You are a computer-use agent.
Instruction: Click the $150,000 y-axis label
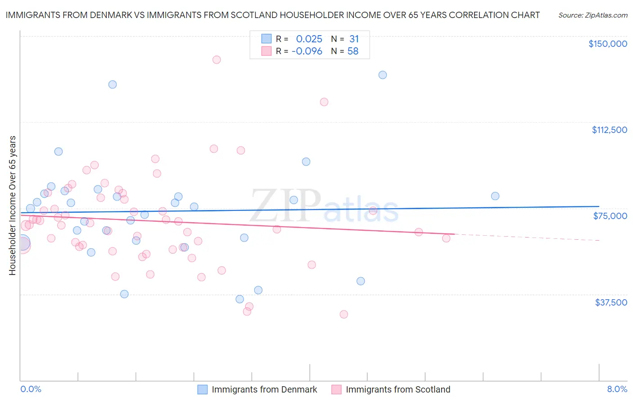click(x=607, y=44)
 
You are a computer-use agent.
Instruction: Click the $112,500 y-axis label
click(x=609, y=130)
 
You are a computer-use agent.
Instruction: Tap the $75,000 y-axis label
click(x=610, y=216)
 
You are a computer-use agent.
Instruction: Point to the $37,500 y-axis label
click(x=611, y=302)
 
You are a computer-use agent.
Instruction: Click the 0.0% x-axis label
click(x=31, y=389)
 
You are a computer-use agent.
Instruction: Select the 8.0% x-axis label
click(x=617, y=389)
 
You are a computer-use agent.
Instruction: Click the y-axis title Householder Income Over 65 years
click(x=12, y=206)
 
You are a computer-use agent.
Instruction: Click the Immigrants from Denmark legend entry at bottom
click(x=264, y=390)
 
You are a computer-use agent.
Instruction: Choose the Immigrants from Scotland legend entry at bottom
click(x=398, y=390)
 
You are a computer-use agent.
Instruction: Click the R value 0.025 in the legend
click(x=309, y=39)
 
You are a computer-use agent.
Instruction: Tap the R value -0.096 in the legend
click(x=307, y=51)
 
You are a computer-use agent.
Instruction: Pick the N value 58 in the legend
click(x=353, y=51)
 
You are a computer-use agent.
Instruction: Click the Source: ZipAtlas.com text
click(x=592, y=15)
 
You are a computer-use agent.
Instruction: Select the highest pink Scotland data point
click(x=217, y=59)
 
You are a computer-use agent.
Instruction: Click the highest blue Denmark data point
click(x=383, y=75)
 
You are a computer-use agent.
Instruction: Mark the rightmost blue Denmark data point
click(x=495, y=196)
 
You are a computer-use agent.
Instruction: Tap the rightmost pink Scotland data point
click(x=446, y=238)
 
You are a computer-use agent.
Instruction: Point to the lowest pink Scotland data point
click(x=344, y=315)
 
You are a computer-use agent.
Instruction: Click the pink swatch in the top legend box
click(x=267, y=51)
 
